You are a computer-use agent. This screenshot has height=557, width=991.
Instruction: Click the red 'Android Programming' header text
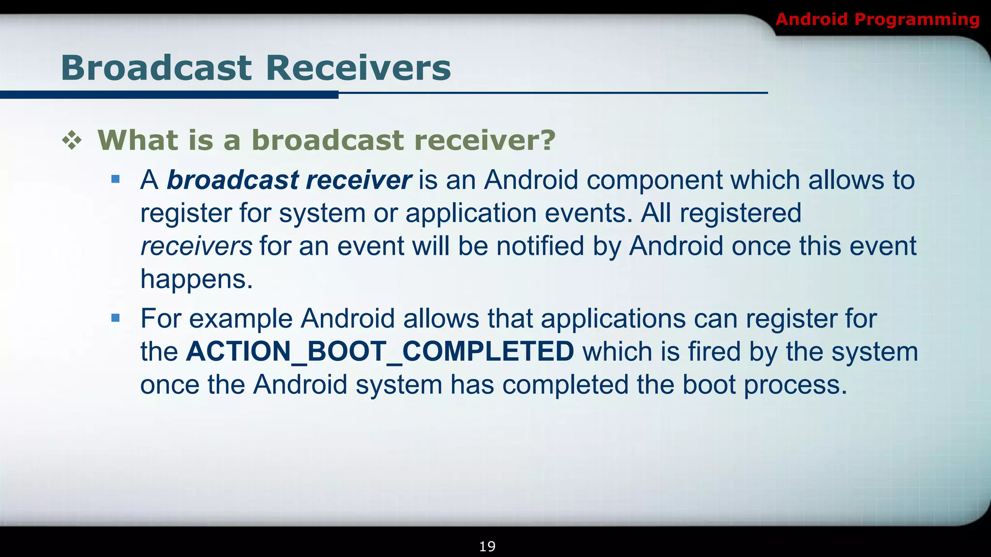pyautogui.click(x=877, y=19)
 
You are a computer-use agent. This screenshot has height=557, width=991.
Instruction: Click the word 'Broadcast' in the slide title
pyautogui.click(x=156, y=68)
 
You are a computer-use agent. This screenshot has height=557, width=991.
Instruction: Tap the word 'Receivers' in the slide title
pyautogui.click(x=358, y=68)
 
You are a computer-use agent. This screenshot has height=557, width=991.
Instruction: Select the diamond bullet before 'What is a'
pyautogui.click(x=72, y=141)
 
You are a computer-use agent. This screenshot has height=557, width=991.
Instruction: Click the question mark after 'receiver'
pyautogui.click(x=547, y=140)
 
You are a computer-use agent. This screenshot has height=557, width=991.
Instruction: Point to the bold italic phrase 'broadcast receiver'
pyautogui.click(x=289, y=180)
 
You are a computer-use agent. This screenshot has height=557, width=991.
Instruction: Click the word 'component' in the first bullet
pyautogui.click(x=654, y=180)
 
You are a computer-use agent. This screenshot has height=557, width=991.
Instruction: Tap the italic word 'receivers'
pyautogui.click(x=196, y=246)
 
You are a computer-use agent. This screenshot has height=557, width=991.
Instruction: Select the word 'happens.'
pyautogui.click(x=196, y=279)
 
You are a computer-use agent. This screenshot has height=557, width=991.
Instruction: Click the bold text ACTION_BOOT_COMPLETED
pyautogui.click(x=380, y=352)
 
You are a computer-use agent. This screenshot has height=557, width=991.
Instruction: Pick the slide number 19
pyautogui.click(x=487, y=546)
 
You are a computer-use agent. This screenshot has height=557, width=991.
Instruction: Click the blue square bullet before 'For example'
pyautogui.click(x=115, y=318)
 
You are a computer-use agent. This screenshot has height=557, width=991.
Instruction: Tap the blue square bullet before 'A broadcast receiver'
pyautogui.click(x=115, y=180)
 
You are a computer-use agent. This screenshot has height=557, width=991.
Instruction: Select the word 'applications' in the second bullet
pyautogui.click(x=613, y=319)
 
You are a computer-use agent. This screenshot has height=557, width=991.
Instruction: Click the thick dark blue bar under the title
pyautogui.click(x=169, y=95)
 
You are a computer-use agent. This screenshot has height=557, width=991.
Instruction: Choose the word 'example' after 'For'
pyautogui.click(x=240, y=319)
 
